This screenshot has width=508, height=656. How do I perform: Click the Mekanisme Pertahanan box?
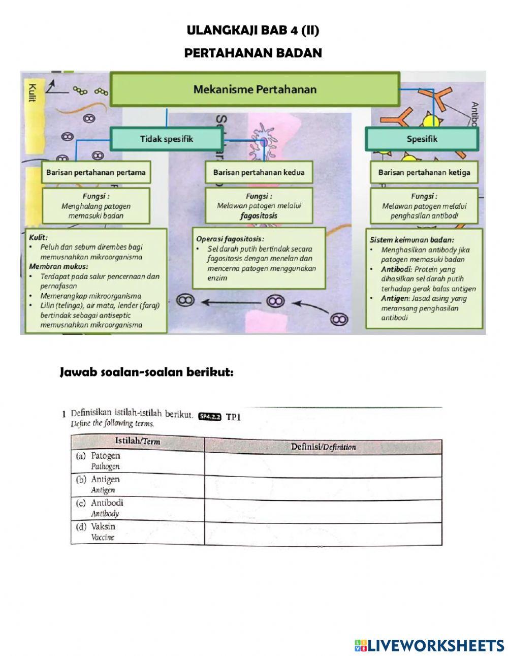pos(255,89)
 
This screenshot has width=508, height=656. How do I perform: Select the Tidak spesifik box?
pos(166,139)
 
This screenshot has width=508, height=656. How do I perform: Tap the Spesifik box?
pos(422,139)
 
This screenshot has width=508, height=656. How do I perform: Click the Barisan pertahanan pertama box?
pos(96,172)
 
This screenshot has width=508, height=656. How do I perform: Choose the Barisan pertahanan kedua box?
pos(259,172)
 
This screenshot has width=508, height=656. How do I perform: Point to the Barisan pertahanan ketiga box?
pos(424,172)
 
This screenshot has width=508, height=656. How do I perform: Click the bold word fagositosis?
pos(259,215)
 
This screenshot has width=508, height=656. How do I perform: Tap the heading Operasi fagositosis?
pos(230,238)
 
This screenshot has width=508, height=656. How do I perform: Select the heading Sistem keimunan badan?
pos(411,240)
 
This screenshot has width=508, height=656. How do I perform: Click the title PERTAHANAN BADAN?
pos(253,53)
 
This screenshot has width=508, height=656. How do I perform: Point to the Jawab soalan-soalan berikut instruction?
pos(147,372)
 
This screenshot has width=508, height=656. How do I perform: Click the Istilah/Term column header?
pos(137,442)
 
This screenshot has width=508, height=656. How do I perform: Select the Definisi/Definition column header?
pos(323,447)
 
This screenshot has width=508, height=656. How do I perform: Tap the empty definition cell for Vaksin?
pos(323,534)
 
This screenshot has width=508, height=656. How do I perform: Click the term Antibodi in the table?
pos(107,503)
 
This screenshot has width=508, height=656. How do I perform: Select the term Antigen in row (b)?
pos(105,479)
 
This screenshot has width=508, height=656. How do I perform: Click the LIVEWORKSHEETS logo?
pos(429,645)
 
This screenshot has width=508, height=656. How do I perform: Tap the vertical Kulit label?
pos(32,92)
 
